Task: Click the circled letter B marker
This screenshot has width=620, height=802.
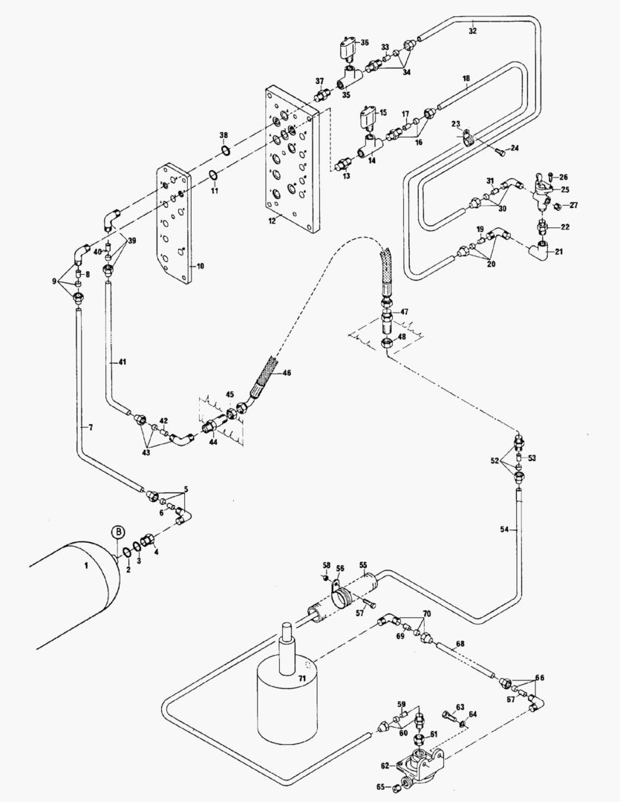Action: tap(117, 532)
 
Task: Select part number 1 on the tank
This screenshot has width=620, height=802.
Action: tap(86, 566)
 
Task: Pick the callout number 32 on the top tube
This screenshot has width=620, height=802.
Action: tap(473, 32)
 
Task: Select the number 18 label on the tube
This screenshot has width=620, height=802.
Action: tap(466, 78)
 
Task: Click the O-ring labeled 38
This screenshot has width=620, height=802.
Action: tap(225, 151)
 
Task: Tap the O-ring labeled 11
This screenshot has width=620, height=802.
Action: tap(213, 176)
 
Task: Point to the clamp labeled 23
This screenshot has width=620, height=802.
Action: tap(467, 137)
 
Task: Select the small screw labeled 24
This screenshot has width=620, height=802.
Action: tap(500, 152)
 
